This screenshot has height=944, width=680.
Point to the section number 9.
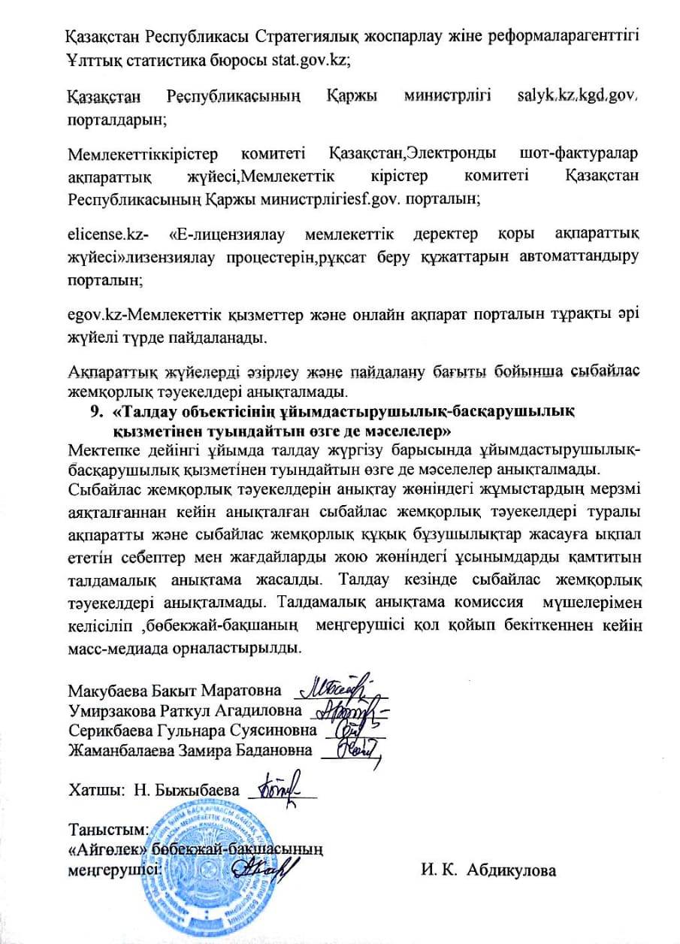[x=95, y=412]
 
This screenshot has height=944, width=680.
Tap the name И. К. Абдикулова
[x=488, y=871]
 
